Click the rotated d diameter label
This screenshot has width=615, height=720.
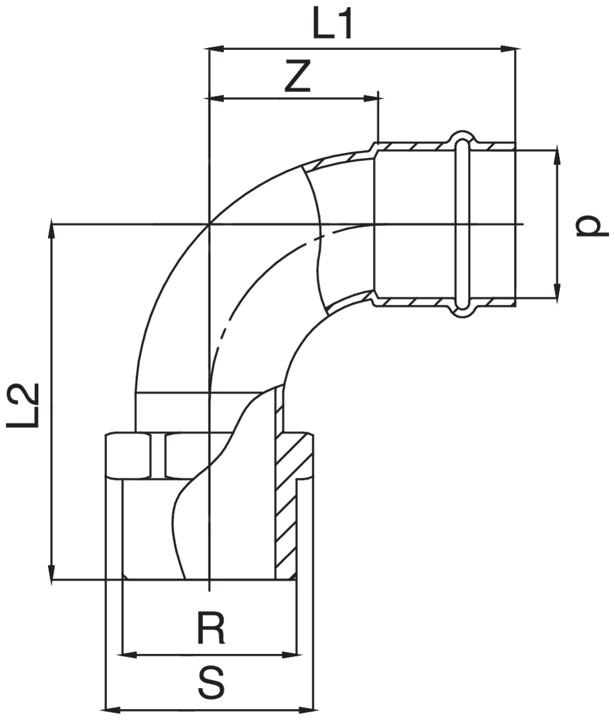pos(589,226)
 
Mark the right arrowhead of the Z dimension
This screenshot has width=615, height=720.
pos(372,97)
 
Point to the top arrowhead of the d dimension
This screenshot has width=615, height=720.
pos(558,154)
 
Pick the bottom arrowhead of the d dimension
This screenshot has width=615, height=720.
pos(558,292)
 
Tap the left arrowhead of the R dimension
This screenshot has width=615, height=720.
pos(129,654)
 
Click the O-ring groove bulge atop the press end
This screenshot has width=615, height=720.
pos(462,137)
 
